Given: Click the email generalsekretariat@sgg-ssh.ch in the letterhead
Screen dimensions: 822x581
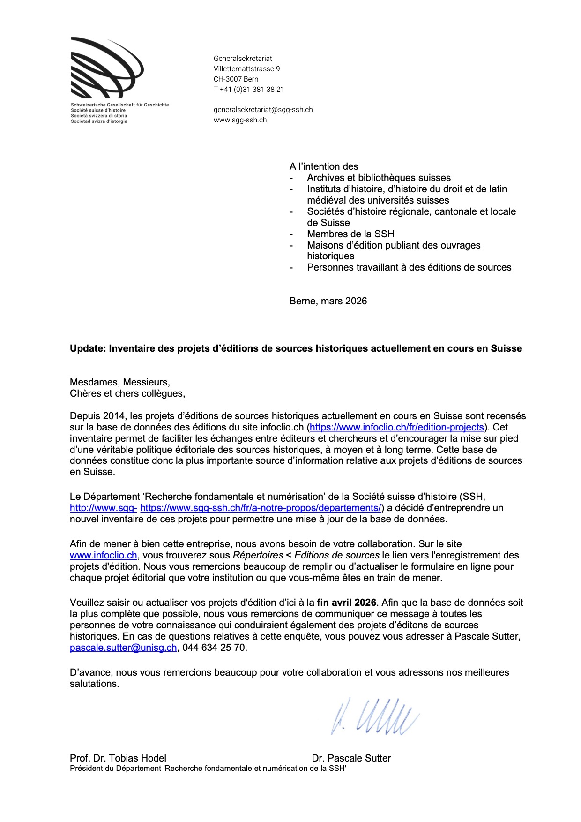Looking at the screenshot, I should (x=263, y=110).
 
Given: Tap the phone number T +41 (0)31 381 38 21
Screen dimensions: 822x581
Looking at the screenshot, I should (x=249, y=90).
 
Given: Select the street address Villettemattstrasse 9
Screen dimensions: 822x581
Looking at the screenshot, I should (x=246, y=69).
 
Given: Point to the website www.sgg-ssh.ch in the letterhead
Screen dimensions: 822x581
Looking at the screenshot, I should (x=240, y=120).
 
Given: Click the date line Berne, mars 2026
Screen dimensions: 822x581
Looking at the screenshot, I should (x=328, y=301).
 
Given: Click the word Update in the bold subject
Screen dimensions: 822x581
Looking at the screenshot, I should (x=88, y=348).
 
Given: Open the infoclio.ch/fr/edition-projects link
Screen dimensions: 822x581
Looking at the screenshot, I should (x=396, y=427).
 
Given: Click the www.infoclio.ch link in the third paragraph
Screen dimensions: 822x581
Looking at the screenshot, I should (x=104, y=556).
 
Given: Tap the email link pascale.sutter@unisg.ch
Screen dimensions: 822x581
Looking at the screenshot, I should (x=123, y=648).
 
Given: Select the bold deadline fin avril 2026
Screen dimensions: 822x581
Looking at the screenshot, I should (x=346, y=603).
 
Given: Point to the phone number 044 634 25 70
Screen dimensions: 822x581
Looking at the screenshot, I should (x=214, y=648).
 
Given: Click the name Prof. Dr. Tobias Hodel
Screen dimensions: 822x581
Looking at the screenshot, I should (x=118, y=758).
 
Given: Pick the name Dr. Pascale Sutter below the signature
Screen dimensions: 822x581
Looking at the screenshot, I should (x=351, y=758).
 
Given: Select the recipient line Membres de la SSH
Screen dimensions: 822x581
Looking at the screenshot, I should (x=350, y=234).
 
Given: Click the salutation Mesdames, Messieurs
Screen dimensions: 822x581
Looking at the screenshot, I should (x=120, y=382).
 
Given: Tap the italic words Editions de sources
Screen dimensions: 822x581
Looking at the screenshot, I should (x=337, y=556).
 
